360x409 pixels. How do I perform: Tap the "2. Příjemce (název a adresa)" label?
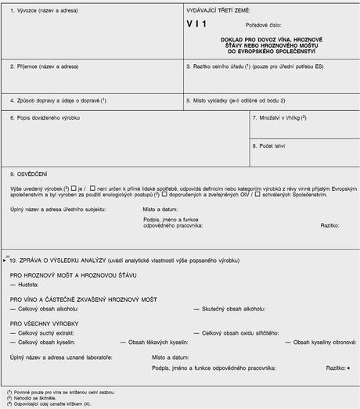(x=44, y=67)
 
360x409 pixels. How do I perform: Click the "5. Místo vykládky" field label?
(x=236, y=100)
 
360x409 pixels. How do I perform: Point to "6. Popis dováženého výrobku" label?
(x=45, y=117)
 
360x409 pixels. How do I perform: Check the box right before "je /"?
(x=73, y=188)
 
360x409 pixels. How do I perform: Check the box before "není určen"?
(x=94, y=188)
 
